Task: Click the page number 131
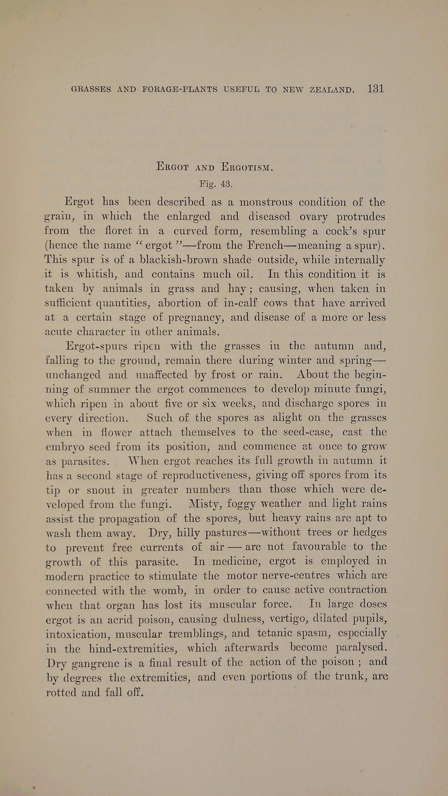tap(375, 89)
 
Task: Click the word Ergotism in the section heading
tap(247, 167)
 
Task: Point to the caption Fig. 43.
tap(216, 184)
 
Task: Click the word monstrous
tap(266, 202)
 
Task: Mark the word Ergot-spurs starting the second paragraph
tap(96, 347)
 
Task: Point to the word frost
tap(223, 375)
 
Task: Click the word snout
tap(101, 490)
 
